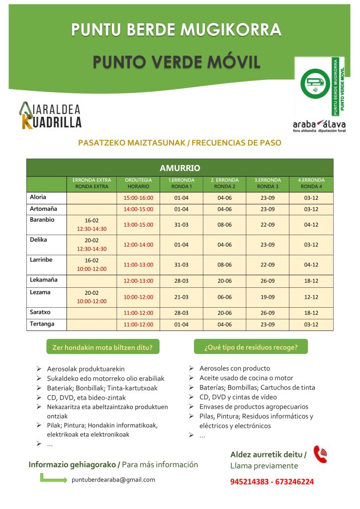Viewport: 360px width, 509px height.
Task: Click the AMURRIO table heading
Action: point(180,168)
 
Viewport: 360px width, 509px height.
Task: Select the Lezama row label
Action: point(40,292)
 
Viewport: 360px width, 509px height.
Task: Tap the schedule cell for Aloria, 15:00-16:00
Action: point(138,198)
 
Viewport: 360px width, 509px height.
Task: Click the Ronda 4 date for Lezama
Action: point(311,297)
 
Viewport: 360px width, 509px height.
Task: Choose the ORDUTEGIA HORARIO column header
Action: point(138,183)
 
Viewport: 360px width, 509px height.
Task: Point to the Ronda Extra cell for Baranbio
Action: point(91,225)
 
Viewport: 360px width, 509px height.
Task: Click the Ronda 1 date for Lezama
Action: point(181,297)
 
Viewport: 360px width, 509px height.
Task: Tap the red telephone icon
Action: point(320,454)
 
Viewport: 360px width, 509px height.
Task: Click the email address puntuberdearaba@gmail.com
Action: point(113,480)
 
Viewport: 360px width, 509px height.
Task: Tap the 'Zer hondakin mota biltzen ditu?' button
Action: point(102,347)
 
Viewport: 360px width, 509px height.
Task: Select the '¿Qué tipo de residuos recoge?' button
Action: point(251,347)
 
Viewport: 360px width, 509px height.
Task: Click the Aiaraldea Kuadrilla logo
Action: point(50,115)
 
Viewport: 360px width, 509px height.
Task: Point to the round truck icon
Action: point(315,83)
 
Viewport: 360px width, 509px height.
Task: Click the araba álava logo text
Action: point(319,125)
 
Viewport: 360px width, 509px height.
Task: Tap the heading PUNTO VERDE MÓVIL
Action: point(177,63)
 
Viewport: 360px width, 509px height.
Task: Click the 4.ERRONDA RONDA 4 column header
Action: point(311,183)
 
